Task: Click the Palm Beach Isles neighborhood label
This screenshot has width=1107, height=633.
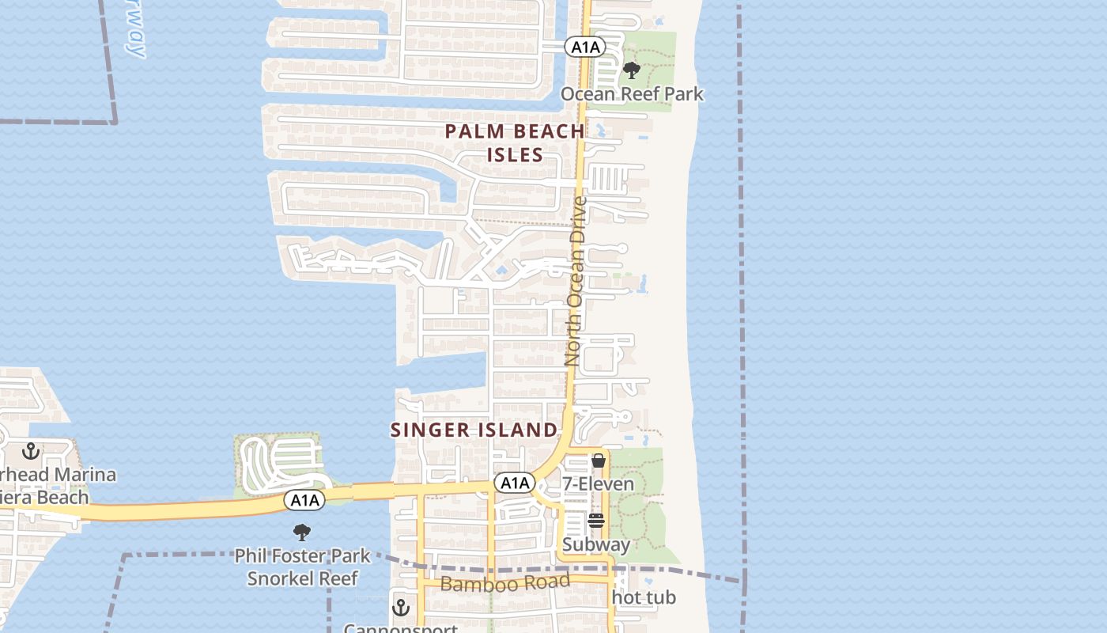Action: click(515, 142)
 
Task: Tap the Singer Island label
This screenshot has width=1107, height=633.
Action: click(474, 430)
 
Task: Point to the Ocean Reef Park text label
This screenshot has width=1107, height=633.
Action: click(632, 94)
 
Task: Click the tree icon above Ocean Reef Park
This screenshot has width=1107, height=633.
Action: click(631, 70)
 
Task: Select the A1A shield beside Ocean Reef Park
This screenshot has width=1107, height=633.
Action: click(585, 47)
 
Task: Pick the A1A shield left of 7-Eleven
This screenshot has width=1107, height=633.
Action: click(515, 483)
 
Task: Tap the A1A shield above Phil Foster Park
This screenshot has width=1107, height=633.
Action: click(304, 500)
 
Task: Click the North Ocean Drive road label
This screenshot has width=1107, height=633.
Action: click(576, 281)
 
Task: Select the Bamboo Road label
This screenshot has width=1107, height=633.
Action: click(504, 584)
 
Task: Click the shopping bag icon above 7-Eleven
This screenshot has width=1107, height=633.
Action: click(599, 461)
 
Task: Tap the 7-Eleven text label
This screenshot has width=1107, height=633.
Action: click(598, 483)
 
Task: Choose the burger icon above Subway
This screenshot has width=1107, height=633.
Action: click(596, 521)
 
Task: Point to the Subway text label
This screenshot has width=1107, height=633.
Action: click(596, 544)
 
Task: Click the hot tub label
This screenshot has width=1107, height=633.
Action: click(644, 597)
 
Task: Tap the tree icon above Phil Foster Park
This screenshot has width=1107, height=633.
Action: click(301, 532)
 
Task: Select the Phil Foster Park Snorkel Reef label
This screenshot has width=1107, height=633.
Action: click(303, 567)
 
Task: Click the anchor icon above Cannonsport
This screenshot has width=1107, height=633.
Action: click(401, 608)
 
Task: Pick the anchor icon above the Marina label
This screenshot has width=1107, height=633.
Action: click(31, 451)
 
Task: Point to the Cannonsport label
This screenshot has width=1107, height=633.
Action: click(401, 628)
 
